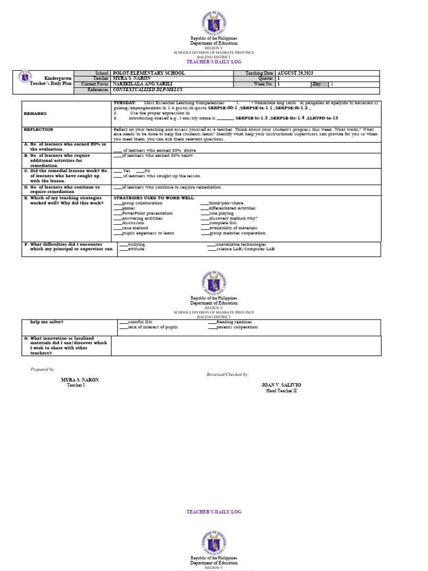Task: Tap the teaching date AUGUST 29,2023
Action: click(296, 73)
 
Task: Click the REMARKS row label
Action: click(35, 113)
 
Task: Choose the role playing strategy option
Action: click(221, 213)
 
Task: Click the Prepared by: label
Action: click(42, 369)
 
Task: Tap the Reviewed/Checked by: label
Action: click(227, 374)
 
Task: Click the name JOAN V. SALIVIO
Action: click(281, 385)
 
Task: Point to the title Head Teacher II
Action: click(281, 390)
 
